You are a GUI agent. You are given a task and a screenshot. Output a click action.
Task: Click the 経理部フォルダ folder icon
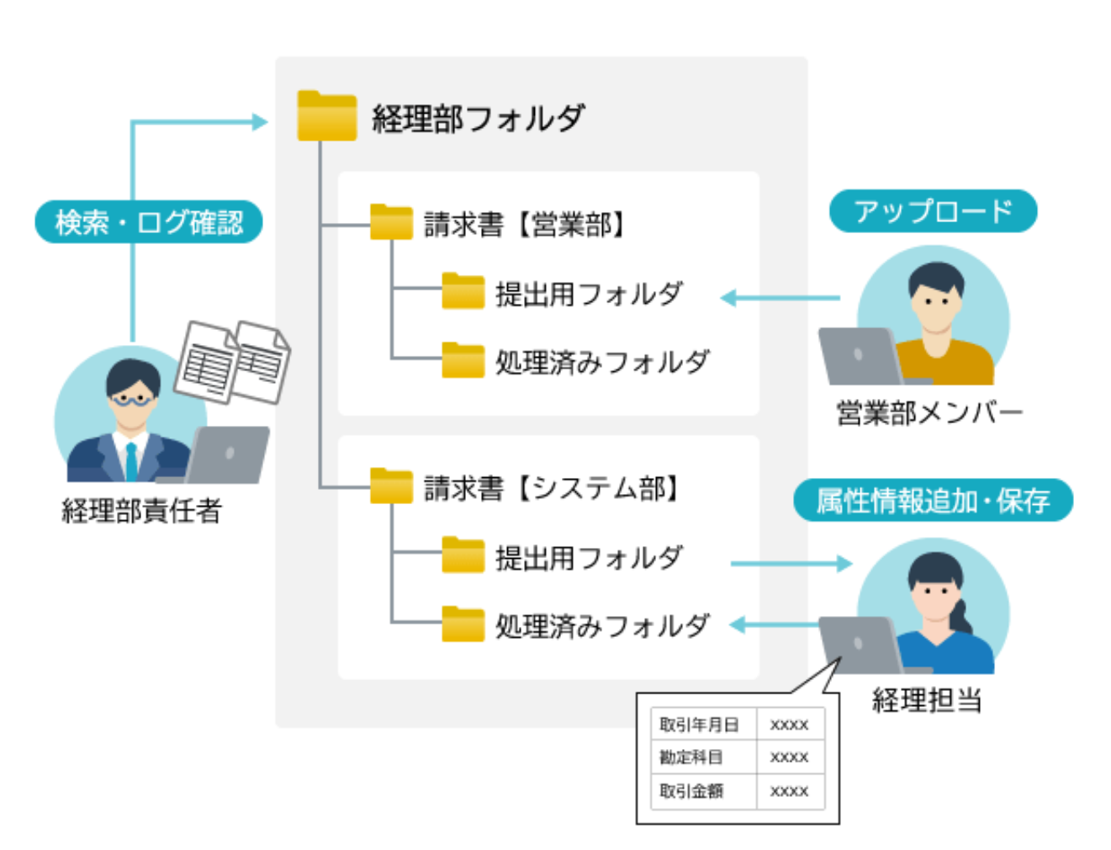pyautogui.click(x=326, y=116)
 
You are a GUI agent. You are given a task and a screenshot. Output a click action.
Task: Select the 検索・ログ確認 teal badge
pyautogui.click(x=149, y=222)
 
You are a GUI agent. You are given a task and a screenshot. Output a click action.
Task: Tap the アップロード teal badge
pyautogui.click(x=933, y=211)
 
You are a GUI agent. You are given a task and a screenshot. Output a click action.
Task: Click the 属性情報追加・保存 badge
pyautogui.click(x=933, y=501)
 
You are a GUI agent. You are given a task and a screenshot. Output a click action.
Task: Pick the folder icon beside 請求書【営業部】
pyautogui.click(x=391, y=223)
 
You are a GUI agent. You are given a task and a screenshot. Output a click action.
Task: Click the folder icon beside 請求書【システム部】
pyautogui.click(x=391, y=486)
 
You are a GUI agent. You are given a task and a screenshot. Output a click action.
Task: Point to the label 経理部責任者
pyautogui.click(x=141, y=511)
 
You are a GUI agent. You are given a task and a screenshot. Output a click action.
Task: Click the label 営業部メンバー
pyautogui.click(x=928, y=413)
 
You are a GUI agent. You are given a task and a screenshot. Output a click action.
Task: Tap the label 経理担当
pyautogui.click(x=926, y=699)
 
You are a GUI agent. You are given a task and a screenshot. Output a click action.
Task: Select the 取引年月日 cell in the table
pyautogui.click(x=699, y=725)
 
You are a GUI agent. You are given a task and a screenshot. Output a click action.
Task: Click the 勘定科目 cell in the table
pyautogui.click(x=691, y=757)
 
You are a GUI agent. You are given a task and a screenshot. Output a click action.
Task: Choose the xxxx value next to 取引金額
pyautogui.click(x=789, y=791)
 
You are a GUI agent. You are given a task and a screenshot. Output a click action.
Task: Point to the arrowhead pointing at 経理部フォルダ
pyautogui.click(x=260, y=122)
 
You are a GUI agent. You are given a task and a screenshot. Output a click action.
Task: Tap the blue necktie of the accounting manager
pyautogui.click(x=131, y=462)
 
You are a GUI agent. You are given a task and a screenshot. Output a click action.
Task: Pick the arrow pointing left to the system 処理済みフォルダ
pyautogui.click(x=774, y=624)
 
